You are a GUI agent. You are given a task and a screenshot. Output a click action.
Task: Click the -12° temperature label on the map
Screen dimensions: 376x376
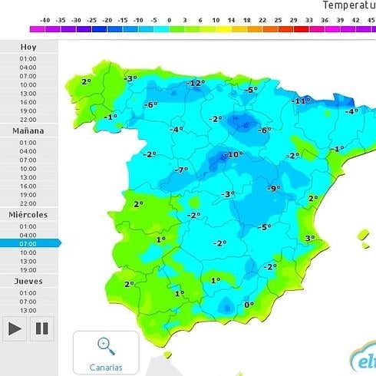[x=196, y=83]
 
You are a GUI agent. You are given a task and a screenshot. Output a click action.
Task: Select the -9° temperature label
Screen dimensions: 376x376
[x=274, y=189]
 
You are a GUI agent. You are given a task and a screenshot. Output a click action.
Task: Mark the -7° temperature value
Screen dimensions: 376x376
[x=181, y=170]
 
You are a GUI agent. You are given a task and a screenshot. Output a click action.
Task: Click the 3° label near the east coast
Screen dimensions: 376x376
[x=309, y=239]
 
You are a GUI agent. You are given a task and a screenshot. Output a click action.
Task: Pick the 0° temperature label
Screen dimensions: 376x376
[x=249, y=305]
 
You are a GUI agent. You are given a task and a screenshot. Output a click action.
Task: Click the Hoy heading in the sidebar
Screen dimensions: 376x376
[x=28, y=46]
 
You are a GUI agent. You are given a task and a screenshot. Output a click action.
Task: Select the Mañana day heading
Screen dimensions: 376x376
[x=28, y=130]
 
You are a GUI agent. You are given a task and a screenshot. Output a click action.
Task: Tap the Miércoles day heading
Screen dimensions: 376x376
[x=28, y=215]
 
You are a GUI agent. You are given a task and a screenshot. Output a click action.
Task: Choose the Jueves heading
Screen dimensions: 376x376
[x=28, y=282]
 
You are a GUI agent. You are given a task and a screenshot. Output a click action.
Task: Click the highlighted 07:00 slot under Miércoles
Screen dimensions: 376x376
[x=28, y=243]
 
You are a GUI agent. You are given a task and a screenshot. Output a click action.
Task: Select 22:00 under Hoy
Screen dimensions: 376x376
[x=28, y=119]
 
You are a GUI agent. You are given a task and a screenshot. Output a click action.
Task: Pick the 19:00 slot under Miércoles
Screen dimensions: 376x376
[x=28, y=269]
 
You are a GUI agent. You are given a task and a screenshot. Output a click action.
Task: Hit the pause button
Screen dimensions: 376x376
[x=42, y=328]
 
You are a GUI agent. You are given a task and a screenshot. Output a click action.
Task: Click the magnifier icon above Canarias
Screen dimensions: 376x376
[x=106, y=346]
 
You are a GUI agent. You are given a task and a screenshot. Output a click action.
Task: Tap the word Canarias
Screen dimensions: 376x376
[x=106, y=367]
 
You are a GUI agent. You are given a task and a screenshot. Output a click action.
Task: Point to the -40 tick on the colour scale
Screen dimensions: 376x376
[x=46, y=20]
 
